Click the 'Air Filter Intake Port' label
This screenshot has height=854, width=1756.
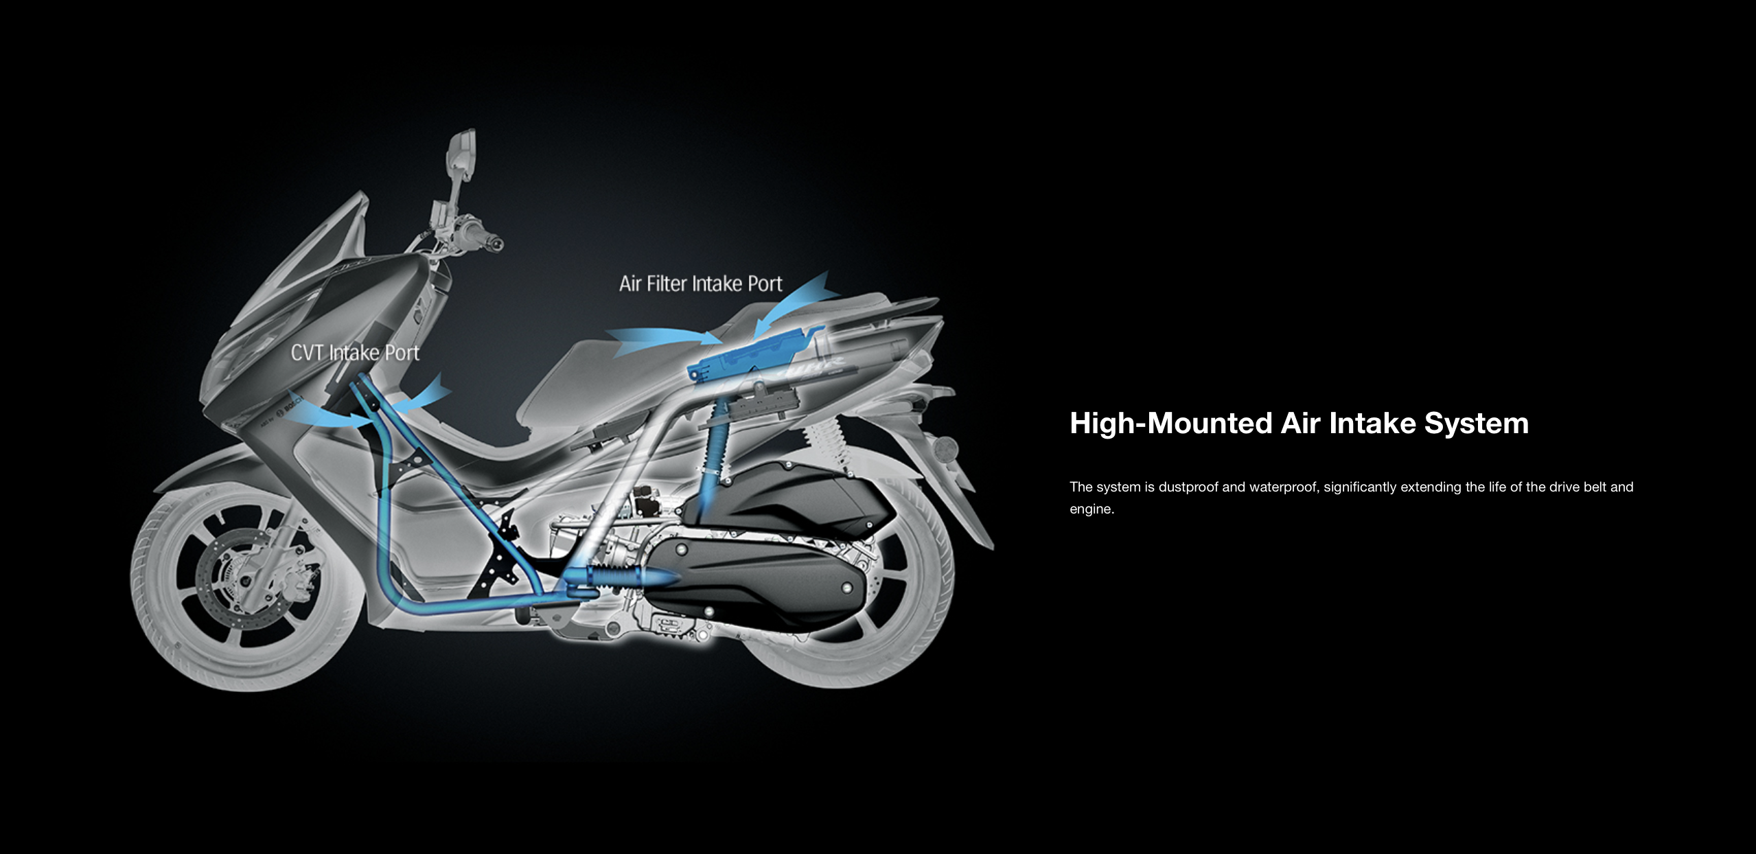click(x=700, y=284)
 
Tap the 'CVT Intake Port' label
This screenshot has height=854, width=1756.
click(x=355, y=353)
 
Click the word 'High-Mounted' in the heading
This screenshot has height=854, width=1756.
click(x=1170, y=423)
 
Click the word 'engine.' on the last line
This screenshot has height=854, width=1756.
click(x=1091, y=509)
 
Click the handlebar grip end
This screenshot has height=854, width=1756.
click(x=496, y=243)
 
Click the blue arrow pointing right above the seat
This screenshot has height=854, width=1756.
click(x=659, y=338)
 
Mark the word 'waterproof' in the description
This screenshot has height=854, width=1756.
click(x=1283, y=487)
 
